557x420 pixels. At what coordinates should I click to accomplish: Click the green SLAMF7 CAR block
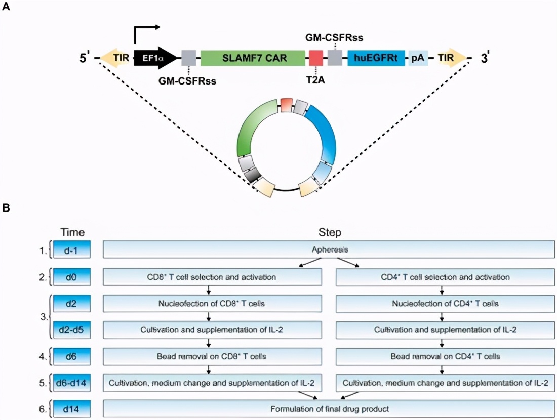click(253, 58)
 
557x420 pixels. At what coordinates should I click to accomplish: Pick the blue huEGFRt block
click(375, 58)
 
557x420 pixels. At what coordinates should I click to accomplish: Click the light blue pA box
click(418, 58)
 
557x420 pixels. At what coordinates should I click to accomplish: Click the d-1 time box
click(72, 249)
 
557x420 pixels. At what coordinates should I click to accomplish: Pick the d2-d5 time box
click(72, 330)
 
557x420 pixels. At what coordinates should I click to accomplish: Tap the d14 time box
click(72, 408)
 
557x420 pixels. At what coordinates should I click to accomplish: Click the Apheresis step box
click(329, 249)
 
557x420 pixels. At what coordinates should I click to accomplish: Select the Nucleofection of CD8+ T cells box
click(213, 304)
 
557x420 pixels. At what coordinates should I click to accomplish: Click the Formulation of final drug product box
click(329, 408)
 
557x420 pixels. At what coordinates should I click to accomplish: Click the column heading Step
click(330, 233)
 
